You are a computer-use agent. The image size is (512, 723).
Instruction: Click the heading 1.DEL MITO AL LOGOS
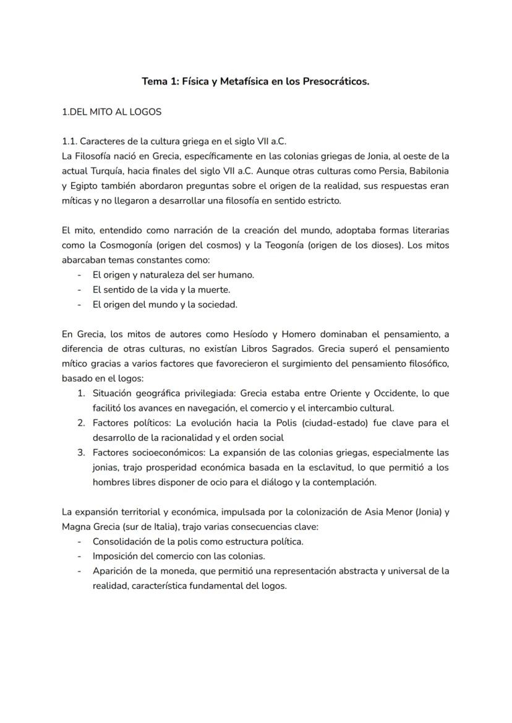[112, 112]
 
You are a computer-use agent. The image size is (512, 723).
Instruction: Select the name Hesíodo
[249, 335]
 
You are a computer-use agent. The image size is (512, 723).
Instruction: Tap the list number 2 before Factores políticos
[81, 423]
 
